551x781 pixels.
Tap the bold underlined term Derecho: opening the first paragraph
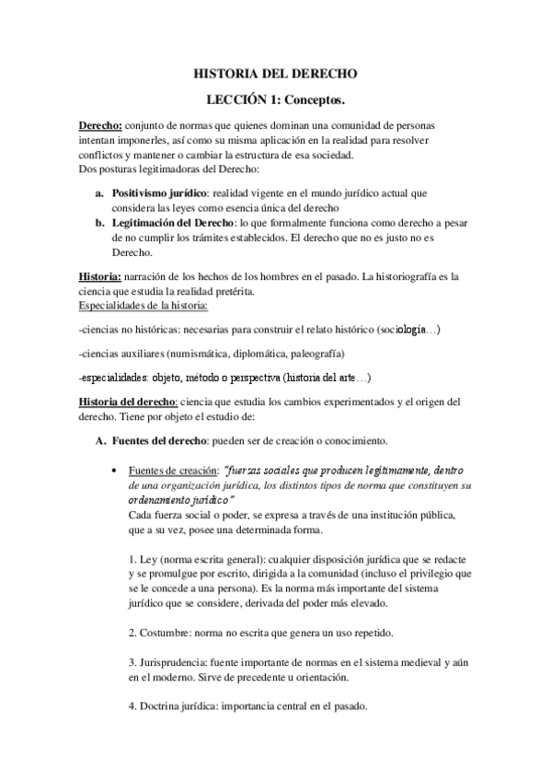point(99,124)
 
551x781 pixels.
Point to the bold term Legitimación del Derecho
point(173,223)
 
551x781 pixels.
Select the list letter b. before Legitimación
point(100,223)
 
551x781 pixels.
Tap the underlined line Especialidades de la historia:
point(143,305)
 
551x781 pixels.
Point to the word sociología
point(397,329)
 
